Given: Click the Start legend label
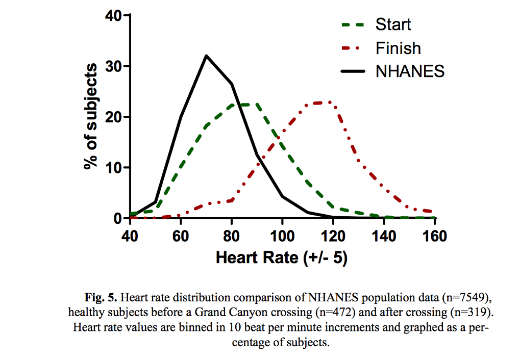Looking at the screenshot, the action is pos(393,24).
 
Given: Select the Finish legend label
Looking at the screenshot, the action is pos(398,48).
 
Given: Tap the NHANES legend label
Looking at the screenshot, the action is pos(410,71).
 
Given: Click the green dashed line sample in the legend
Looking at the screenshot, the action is pos(353,25).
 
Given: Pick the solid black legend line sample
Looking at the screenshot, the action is pos(353,71).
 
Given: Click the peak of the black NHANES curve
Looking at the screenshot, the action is pos(206,56).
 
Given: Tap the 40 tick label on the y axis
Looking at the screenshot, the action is pos(113,15).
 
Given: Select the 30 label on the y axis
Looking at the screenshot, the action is pos(113,66).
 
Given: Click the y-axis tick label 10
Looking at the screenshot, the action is pos(113,168).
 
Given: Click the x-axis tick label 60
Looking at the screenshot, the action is pos(181,237).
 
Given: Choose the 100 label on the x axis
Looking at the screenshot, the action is pos(282,237).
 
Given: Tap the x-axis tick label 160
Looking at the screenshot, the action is pos(434,237).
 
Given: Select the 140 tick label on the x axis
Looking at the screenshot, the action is pos(384,237).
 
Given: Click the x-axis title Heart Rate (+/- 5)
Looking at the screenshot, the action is pos(282,258).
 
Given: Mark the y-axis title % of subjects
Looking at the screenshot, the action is pos(90,116).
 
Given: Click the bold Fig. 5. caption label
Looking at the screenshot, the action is pos(101,297).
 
